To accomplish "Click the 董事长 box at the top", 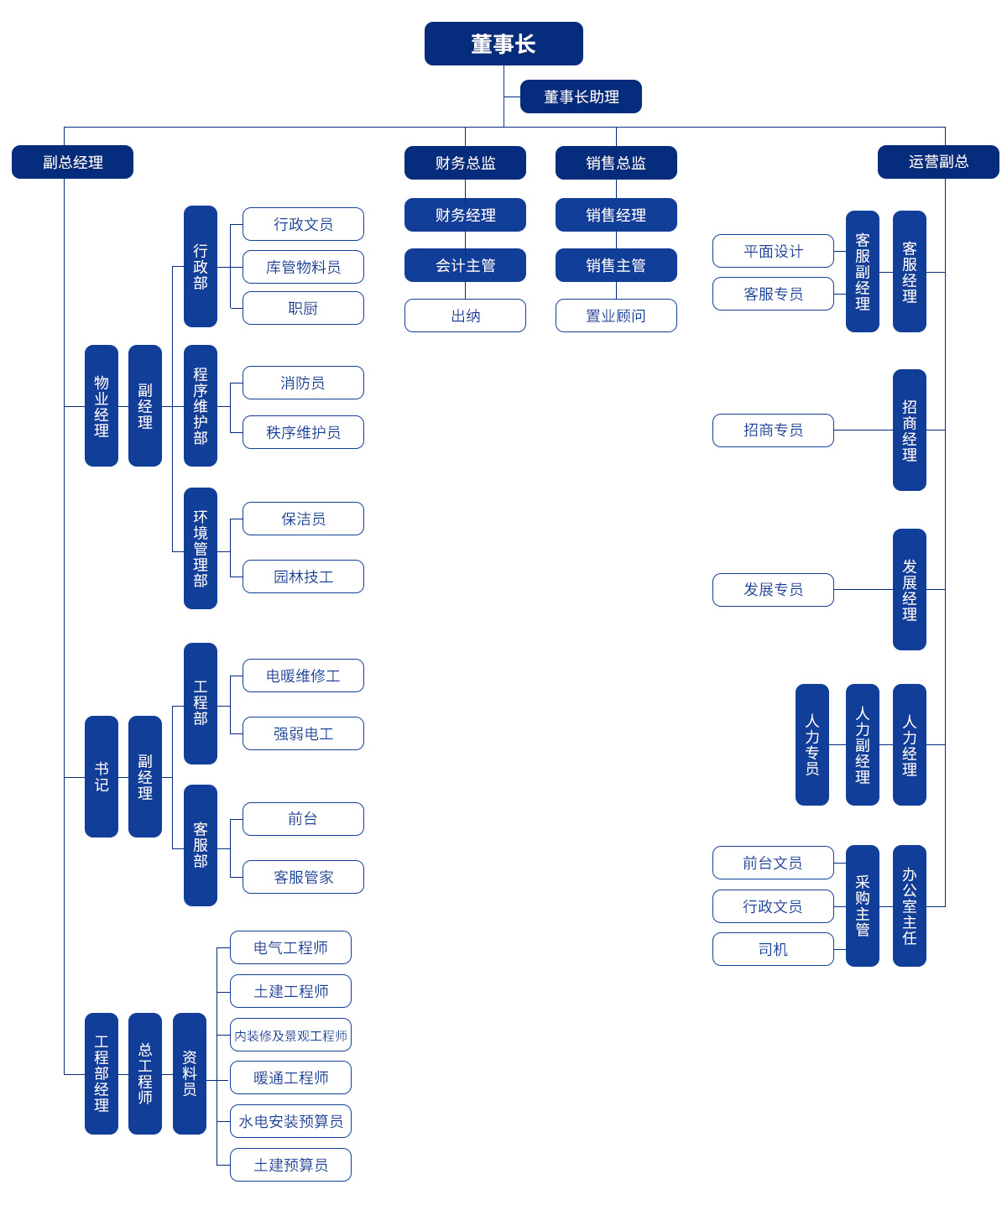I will click(x=503, y=44).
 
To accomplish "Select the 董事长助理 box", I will click(x=581, y=97).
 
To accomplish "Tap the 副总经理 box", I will click(x=72, y=162).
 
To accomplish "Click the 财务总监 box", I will click(x=465, y=163).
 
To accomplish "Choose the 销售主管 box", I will click(x=616, y=265).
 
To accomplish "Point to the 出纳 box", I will click(x=465, y=316).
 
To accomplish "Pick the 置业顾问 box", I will click(x=616, y=316).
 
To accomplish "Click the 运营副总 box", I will click(x=938, y=162).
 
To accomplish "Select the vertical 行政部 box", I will click(x=201, y=266).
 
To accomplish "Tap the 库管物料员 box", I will click(x=303, y=267).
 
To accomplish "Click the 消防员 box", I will click(x=303, y=383).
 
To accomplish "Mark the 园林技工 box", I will click(x=303, y=577).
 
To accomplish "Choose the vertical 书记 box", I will click(x=102, y=776).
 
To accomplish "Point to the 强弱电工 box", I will click(x=303, y=733).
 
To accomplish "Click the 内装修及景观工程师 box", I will click(x=290, y=1035).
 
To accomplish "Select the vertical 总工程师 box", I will click(x=145, y=1073).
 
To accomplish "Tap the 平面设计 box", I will click(x=773, y=251).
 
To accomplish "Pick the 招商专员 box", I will click(x=773, y=430).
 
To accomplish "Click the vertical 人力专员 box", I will click(x=812, y=744).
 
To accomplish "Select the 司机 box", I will click(x=773, y=949).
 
